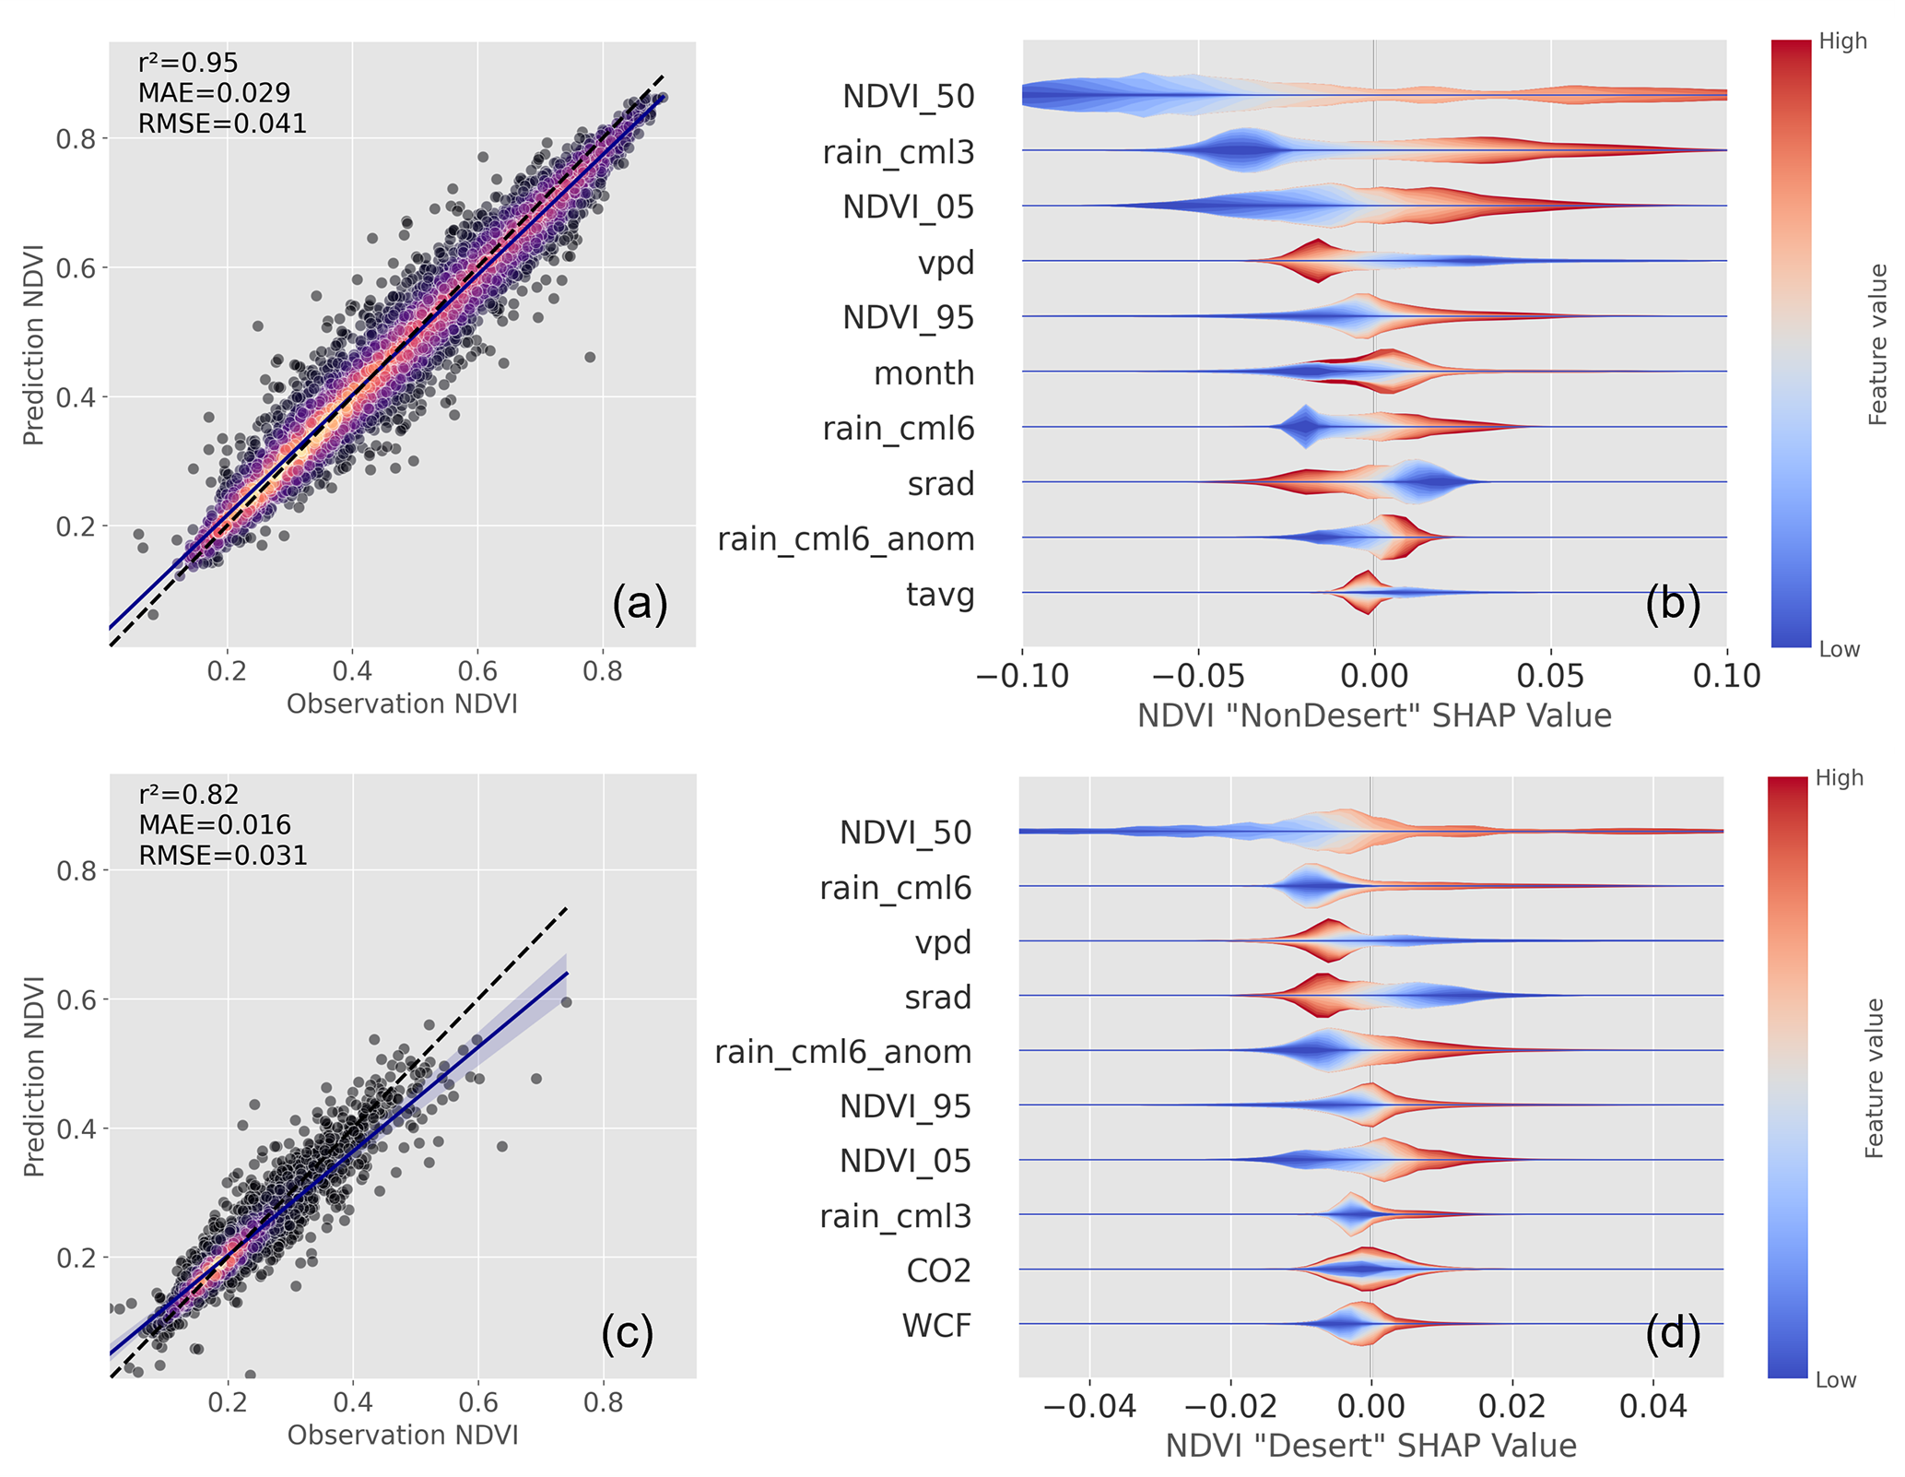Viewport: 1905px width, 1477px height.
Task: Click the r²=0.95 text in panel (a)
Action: tap(188, 63)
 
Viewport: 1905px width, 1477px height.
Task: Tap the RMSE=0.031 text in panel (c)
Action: tap(223, 856)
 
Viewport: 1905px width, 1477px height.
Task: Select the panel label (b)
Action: tap(1673, 603)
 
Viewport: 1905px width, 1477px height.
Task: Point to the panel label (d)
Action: tap(1673, 1334)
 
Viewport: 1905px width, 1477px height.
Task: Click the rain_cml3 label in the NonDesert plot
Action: tap(899, 152)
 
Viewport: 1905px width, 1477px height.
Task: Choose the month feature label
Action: tap(923, 373)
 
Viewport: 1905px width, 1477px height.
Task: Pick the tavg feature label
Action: tap(940, 595)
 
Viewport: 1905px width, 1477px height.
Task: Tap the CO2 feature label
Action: tap(938, 1270)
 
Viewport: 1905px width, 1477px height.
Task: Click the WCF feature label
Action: tap(936, 1325)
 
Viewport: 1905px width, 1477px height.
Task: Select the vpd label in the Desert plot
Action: tap(943, 942)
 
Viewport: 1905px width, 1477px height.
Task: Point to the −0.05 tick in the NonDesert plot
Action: tap(1197, 676)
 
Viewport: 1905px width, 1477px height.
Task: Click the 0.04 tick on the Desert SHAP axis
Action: tap(1653, 1407)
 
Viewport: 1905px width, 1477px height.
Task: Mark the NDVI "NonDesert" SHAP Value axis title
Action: tap(1374, 716)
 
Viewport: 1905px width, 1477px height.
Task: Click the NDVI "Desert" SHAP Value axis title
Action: tap(1370, 1446)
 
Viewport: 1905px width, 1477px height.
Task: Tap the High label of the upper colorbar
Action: tap(1842, 41)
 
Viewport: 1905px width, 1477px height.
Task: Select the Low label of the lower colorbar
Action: tap(1835, 1380)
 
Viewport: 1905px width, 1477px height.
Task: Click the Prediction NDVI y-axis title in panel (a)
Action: tap(34, 345)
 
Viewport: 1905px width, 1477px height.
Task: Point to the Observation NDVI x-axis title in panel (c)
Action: tap(403, 1436)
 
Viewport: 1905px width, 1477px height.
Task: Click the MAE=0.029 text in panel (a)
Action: tap(214, 93)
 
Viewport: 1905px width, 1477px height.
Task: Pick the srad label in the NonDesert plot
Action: tap(940, 484)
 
